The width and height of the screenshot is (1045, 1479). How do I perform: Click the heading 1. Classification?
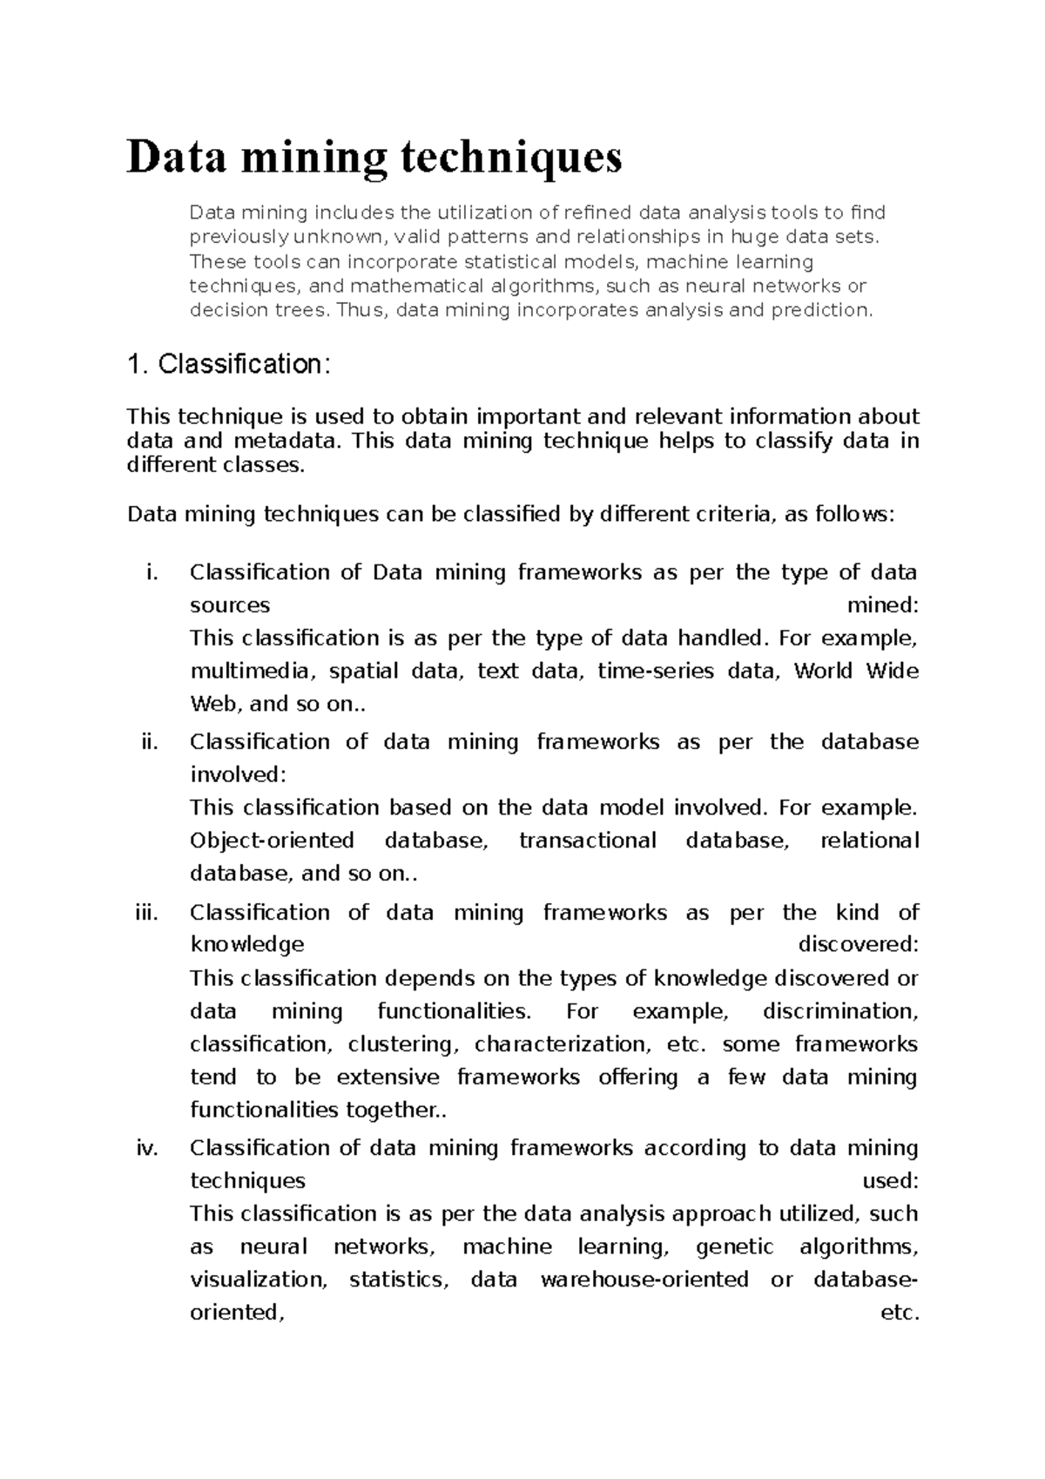228,364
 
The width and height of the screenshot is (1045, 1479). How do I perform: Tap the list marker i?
153,572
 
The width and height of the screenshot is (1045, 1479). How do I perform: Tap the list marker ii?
150,741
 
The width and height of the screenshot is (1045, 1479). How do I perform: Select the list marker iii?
146,912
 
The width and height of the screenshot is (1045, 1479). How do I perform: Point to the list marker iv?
147,1148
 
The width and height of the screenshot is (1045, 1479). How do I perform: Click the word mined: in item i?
883,605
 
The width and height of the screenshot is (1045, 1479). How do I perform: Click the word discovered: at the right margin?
858,945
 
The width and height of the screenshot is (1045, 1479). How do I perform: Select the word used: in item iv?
890,1181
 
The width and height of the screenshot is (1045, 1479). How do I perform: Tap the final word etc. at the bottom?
900,1313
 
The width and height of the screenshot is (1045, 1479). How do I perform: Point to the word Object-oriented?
272,841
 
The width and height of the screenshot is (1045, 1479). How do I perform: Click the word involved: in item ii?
237,774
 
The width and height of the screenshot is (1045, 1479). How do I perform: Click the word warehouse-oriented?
644,1280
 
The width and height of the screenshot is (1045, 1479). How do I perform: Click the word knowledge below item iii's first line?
247,945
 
